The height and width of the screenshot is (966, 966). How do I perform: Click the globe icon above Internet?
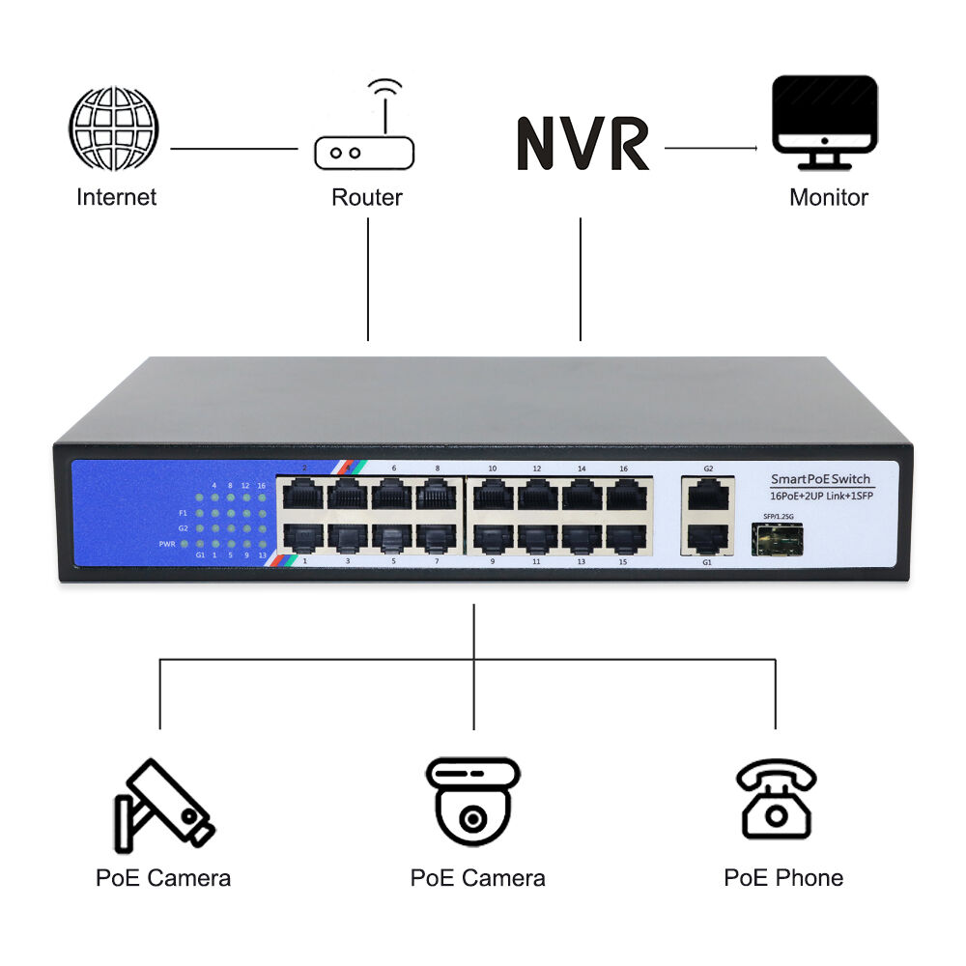point(113,129)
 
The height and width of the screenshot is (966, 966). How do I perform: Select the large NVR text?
point(582,144)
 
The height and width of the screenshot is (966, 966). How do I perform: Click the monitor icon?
point(825,121)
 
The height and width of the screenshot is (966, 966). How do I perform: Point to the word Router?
point(366,198)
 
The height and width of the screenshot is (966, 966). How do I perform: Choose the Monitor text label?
point(828,198)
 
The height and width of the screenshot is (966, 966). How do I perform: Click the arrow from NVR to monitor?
point(710,148)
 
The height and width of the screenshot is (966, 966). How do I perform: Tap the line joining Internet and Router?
point(234,149)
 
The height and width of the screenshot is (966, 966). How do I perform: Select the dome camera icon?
point(472,801)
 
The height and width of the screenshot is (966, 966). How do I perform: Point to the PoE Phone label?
point(783,877)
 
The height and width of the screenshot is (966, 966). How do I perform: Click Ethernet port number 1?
point(302,537)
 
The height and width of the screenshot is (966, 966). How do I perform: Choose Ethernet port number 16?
point(625,494)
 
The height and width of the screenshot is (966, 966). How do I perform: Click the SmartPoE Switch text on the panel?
point(820,479)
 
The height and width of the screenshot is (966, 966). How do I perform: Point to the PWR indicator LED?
point(199,545)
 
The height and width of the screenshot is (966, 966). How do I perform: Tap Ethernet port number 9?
point(492,537)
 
